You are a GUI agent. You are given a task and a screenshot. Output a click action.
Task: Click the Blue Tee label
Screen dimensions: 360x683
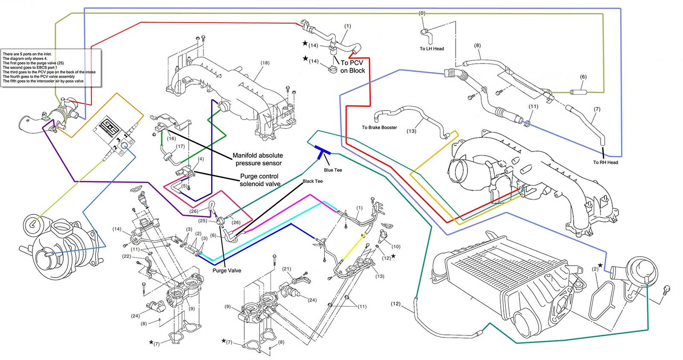pyautogui.click(x=333, y=170)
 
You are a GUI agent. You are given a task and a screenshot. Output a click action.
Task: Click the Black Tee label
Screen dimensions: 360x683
pyautogui.click(x=312, y=181)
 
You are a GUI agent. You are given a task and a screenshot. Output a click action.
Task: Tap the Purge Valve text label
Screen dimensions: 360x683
pyautogui.click(x=227, y=270)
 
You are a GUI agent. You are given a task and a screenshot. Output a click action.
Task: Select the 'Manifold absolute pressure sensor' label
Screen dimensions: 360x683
pyautogui.click(x=257, y=159)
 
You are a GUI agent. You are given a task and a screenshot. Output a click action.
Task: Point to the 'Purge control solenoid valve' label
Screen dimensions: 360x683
pyautogui.click(x=260, y=180)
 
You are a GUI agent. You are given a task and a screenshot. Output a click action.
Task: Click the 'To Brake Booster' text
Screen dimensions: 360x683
pyautogui.click(x=379, y=127)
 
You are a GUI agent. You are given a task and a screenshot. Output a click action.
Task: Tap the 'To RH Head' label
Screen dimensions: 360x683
pyautogui.click(x=605, y=162)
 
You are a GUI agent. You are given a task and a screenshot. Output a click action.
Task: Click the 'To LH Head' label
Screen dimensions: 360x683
pyautogui.click(x=432, y=49)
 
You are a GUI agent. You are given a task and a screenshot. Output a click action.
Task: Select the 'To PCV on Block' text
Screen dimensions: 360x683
pyautogui.click(x=352, y=67)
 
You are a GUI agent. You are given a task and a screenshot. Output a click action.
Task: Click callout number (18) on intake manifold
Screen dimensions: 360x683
pyautogui.click(x=265, y=63)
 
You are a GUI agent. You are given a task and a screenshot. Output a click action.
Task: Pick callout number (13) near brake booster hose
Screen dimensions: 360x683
pyautogui.click(x=411, y=131)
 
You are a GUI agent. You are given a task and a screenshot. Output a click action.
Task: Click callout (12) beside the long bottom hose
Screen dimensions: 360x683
pyautogui.click(x=395, y=304)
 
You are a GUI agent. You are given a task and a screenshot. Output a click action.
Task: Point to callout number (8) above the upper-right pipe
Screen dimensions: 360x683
pyautogui.click(x=477, y=45)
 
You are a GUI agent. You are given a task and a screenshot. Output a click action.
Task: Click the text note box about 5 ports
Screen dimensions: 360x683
pyautogui.click(x=51, y=67)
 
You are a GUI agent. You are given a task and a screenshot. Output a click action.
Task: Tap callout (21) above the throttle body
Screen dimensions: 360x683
pyautogui.click(x=286, y=269)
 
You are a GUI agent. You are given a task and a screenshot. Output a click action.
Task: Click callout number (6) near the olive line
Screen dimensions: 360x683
pyautogui.click(x=583, y=77)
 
